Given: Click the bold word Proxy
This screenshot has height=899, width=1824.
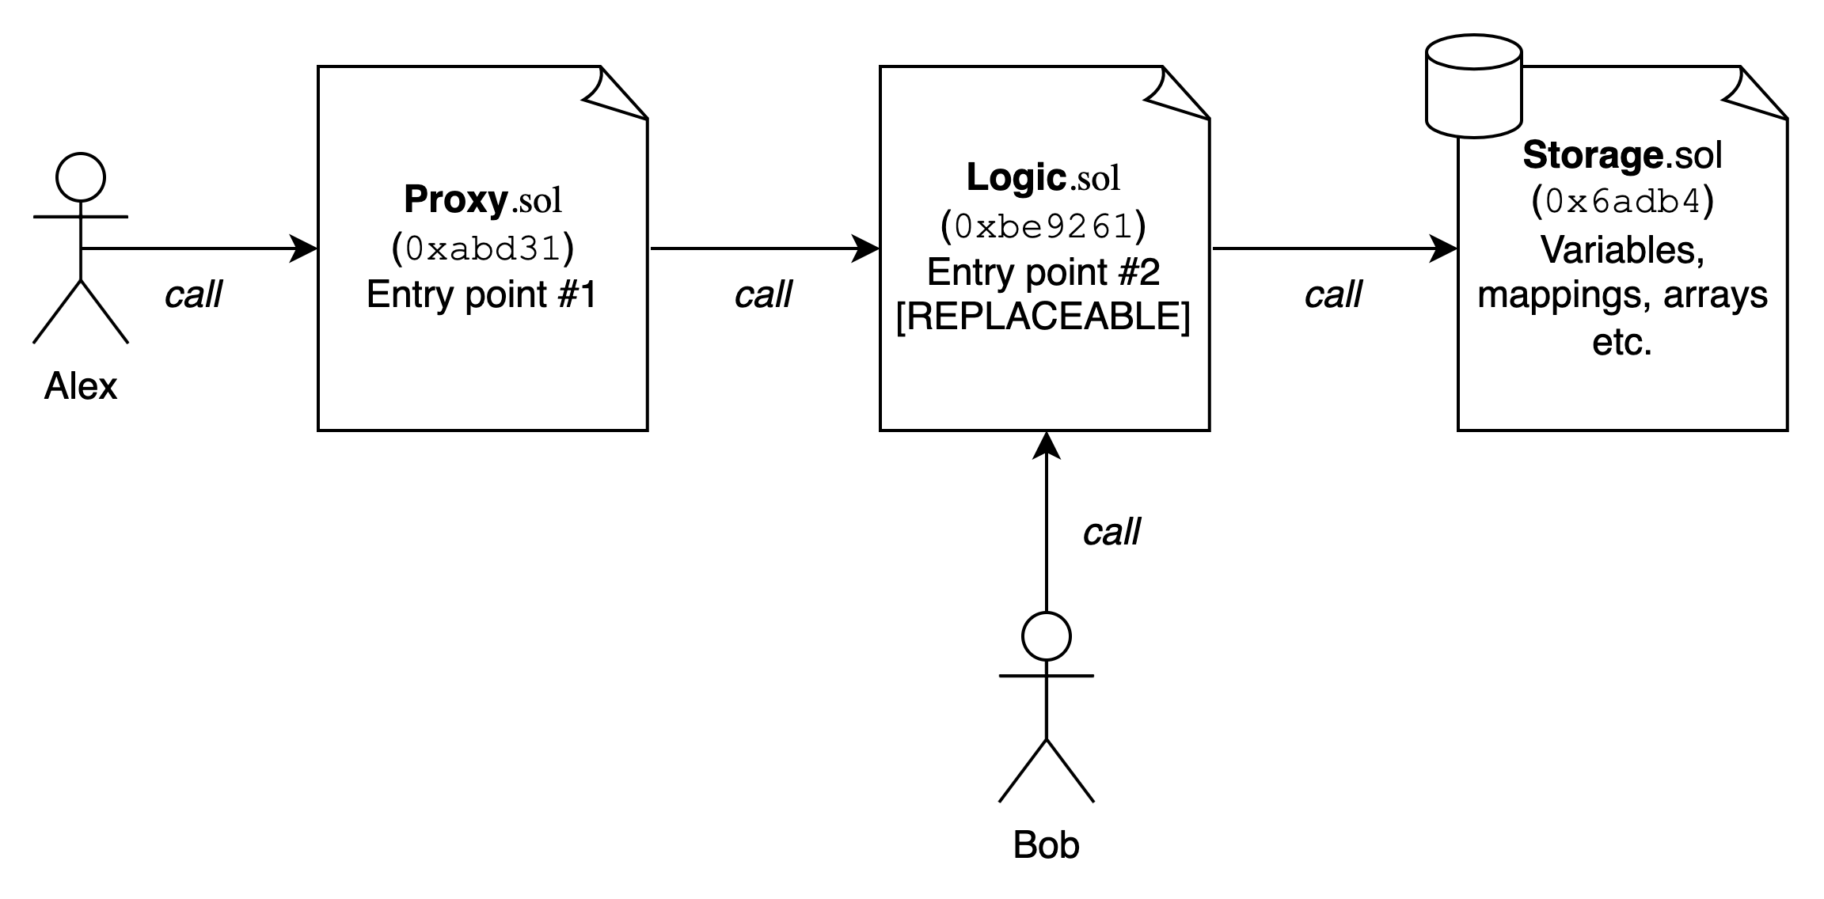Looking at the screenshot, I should (x=455, y=200).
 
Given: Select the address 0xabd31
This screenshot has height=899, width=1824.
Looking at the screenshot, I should (x=483, y=248).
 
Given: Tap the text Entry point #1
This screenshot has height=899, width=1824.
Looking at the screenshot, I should (x=481, y=295).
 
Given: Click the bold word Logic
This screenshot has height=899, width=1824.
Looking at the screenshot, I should (x=1016, y=178).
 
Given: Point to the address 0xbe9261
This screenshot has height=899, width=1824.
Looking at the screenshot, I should (x=1043, y=226).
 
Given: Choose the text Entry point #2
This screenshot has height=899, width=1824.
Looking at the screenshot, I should (x=1043, y=273).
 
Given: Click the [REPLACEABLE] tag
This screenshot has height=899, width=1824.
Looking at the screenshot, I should (x=1043, y=317).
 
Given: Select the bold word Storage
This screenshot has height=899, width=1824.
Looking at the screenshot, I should (x=1592, y=155).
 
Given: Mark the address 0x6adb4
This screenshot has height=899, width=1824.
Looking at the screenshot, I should (x=1623, y=203).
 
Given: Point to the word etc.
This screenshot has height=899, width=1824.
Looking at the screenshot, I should (x=1623, y=343).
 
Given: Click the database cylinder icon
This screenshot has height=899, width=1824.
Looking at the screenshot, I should (x=1474, y=87).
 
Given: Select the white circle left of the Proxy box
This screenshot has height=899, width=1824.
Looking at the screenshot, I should (x=81, y=177).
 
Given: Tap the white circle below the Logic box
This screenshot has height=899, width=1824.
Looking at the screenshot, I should (x=1047, y=636).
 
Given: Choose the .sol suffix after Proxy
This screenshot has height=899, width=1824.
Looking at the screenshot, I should (x=536, y=201).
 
